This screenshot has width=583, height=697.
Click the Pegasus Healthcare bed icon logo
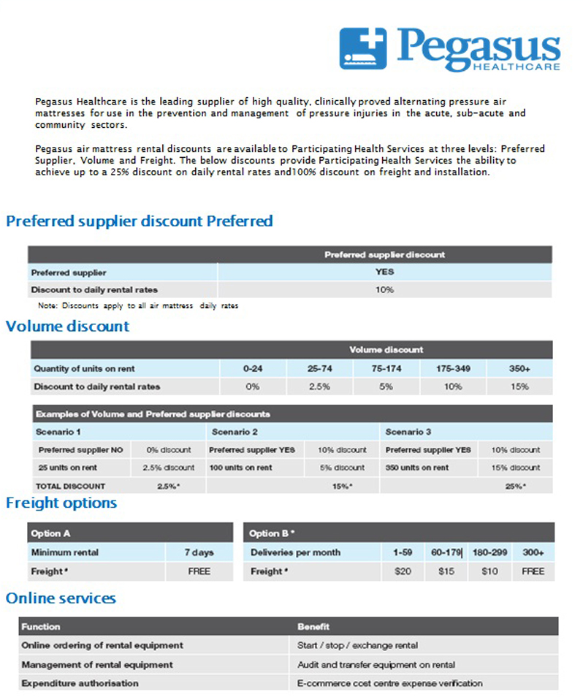pos(363,48)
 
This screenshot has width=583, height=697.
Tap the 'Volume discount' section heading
pos(67,326)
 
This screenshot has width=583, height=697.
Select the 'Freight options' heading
pos(61,503)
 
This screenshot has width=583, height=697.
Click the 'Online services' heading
pos(61,598)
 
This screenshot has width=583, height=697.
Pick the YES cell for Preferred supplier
pos(385,272)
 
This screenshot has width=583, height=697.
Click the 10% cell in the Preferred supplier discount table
pos(385,289)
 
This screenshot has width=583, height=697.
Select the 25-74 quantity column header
pos(319,369)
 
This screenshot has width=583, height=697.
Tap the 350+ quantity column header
pos(519,369)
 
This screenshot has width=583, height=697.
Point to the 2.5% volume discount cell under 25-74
pos(319,386)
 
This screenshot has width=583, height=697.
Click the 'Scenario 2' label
pos(232,432)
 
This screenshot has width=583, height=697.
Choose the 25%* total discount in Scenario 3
pos(516,486)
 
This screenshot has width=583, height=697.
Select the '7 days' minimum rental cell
pos(199,552)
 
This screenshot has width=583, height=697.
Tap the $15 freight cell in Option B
pos(446,571)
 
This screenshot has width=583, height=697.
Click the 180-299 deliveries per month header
pos(489,552)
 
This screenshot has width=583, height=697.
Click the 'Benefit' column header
pos(313,627)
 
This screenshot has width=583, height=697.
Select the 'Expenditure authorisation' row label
pos(80,683)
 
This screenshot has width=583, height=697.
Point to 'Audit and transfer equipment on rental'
pos(376,665)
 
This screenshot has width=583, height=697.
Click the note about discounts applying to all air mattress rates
pos(138,305)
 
